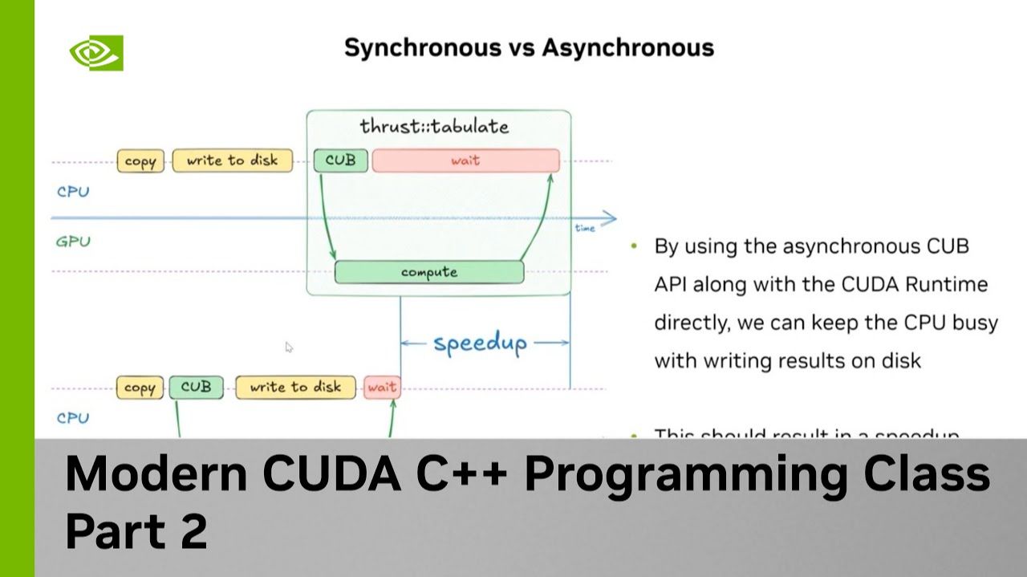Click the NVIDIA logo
tap(95, 53)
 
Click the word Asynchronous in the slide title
tap(627, 47)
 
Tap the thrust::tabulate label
tap(434, 127)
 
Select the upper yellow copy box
tap(140, 161)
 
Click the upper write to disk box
tap(232, 161)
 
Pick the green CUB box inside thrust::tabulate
tap(340, 161)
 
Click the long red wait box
tap(465, 161)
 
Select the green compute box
tap(429, 272)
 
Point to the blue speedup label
tap(480, 343)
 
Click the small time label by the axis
tap(585, 229)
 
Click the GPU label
tap(73, 241)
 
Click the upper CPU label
tap(73, 193)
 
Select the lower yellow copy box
tap(140, 388)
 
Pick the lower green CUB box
tap(196, 387)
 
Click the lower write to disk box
tap(295, 387)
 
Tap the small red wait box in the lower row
tap(382, 388)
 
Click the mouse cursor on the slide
tap(289, 347)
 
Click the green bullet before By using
tap(635, 246)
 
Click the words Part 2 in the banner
tap(136, 530)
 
